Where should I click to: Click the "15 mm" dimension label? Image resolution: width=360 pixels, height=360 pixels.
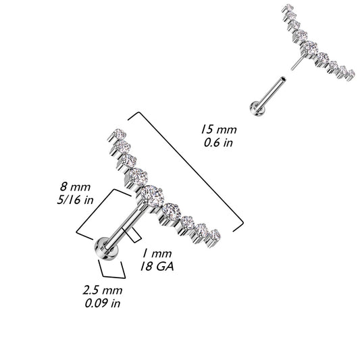pyautogui.click(x=219, y=130)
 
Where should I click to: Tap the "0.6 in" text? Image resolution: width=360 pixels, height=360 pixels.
pyautogui.click(x=218, y=143)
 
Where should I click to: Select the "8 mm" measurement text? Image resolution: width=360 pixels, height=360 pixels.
pyautogui.click(x=75, y=186)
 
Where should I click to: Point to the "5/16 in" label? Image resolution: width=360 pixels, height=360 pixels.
pyautogui.click(x=75, y=200)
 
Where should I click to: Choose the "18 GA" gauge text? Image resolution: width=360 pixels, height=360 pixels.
pyautogui.click(x=157, y=267)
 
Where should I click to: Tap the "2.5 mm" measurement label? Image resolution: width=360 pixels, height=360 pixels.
pyautogui.click(x=103, y=290)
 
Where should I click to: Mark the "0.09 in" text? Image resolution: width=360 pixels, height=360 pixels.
pyautogui.click(x=103, y=303)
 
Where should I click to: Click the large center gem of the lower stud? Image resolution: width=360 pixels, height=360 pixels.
pyautogui.click(x=149, y=195)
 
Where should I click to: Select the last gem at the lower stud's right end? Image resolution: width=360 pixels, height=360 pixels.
pyautogui.click(x=215, y=234)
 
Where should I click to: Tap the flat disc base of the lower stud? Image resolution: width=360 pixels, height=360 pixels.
pyautogui.click(x=105, y=249)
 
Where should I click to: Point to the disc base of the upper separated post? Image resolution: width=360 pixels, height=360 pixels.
pyautogui.click(x=257, y=109)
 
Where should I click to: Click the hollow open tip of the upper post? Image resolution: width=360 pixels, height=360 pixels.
pyautogui.click(x=284, y=79)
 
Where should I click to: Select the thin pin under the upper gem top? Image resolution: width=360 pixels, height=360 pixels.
pyautogui.click(x=296, y=62)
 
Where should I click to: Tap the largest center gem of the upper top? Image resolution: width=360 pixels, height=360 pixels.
pyautogui.click(x=309, y=47)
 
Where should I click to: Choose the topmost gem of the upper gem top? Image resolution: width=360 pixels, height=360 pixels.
pyautogui.click(x=288, y=7)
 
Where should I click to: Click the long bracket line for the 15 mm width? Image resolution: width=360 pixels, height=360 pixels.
pyautogui.click(x=186, y=167)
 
